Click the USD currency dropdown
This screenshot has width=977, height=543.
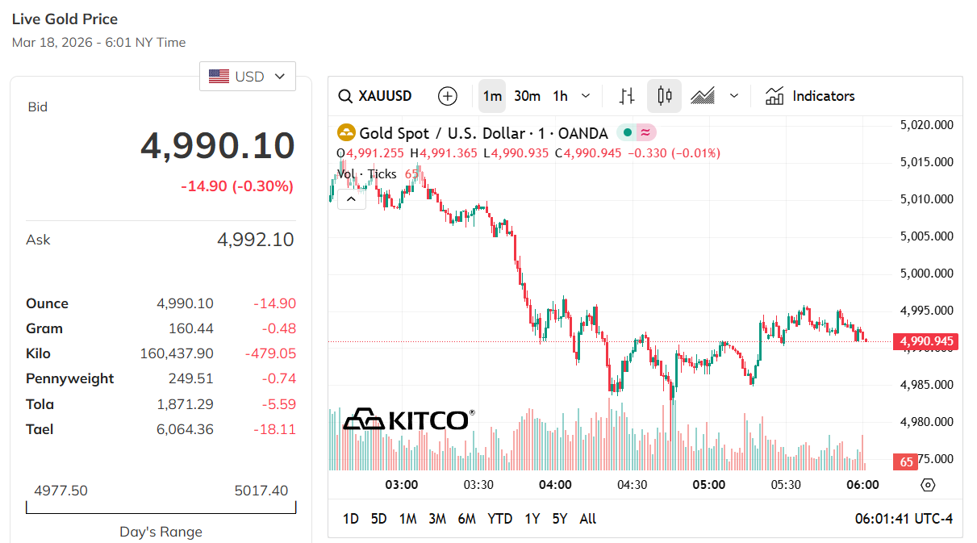point(247,77)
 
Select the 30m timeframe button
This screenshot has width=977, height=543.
point(527,96)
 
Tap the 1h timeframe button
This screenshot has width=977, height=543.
point(560,96)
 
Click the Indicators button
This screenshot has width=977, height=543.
point(810,96)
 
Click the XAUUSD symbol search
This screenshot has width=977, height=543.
point(375,96)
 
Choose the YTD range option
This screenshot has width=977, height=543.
point(499,519)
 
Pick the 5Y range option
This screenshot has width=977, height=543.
point(560,519)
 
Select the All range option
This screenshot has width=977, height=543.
point(588,519)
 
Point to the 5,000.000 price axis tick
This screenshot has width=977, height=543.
point(926,274)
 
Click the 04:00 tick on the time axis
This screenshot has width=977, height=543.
point(555,485)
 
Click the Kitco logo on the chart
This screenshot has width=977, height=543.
point(407,420)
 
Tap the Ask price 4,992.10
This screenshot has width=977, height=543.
point(255,240)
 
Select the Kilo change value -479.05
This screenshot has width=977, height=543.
point(270,353)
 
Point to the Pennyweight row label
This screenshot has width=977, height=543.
point(70,378)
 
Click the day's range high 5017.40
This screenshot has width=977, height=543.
point(261,491)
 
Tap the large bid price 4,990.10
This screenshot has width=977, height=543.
point(218,146)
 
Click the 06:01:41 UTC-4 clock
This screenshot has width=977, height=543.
point(904,519)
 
